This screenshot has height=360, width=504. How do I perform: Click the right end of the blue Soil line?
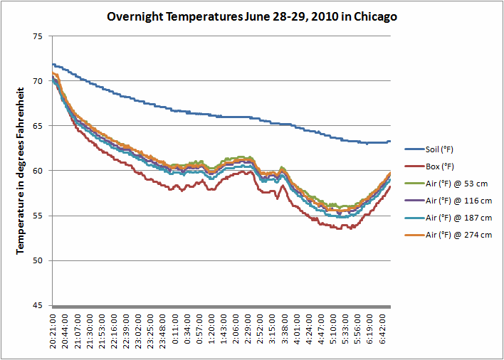coord(389,142)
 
